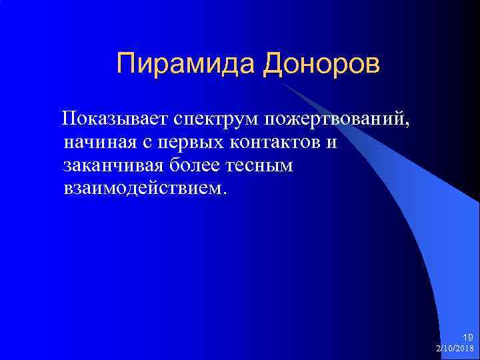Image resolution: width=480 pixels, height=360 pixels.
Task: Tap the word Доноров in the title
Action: coord(322,65)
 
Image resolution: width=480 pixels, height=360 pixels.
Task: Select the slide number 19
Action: coord(468,338)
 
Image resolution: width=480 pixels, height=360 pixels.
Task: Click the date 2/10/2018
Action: coord(455,349)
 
